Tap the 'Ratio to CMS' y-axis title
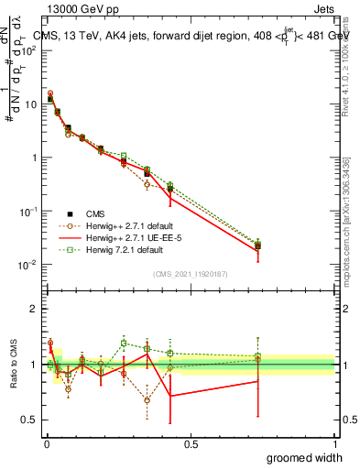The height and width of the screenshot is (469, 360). [13, 365]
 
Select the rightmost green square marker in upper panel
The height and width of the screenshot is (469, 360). [258, 245]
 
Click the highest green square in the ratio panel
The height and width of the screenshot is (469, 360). [124, 344]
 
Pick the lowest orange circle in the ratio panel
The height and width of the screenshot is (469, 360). [147, 400]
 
